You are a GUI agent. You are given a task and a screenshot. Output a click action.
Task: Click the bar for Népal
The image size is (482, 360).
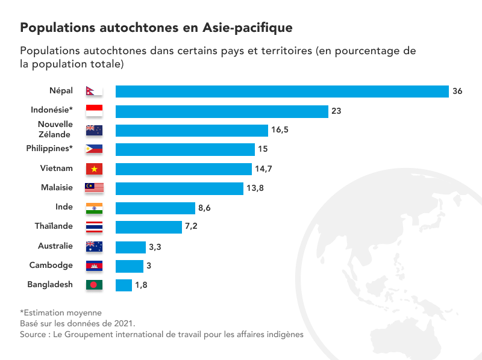click(x=282, y=92)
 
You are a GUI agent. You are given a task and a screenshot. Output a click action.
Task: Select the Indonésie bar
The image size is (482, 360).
click(x=222, y=111)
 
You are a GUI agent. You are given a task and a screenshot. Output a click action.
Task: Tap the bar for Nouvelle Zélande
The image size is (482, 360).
click(x=192, y=130)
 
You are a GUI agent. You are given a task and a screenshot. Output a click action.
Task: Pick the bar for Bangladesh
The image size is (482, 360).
click(x=124, y=285)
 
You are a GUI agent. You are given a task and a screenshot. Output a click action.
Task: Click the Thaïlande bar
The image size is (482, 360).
click(x=148, y=227)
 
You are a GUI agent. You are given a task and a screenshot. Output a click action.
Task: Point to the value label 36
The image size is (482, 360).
click(x=457, y=92)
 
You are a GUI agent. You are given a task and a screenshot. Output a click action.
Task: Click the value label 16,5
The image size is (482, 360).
click(x=280, y=130)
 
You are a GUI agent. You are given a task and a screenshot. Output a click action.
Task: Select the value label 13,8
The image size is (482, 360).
click(x=255, y=188)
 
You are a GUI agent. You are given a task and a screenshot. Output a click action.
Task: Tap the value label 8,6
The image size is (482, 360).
click(x=205, y=208)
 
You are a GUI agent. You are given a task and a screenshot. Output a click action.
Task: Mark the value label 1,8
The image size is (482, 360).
click(x=141, y=285)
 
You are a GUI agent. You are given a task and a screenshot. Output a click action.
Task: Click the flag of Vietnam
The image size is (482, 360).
click(x=95, y=169)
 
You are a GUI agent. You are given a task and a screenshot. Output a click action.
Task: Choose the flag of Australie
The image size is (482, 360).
click(x=95, y=246)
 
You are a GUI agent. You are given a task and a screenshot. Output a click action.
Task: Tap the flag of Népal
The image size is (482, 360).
click(x=94, y=91)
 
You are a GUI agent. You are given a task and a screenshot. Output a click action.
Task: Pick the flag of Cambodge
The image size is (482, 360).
click(x=95, y=265)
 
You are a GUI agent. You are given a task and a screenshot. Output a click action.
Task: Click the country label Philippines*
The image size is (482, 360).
click(x=49, y=148)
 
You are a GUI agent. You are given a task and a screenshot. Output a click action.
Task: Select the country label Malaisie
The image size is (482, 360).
click(x=57, y=187)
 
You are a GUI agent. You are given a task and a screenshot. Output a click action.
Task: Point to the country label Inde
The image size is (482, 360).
click(x=64, y=206)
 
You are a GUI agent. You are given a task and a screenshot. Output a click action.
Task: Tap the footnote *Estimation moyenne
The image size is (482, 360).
click(x=61, y=312)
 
